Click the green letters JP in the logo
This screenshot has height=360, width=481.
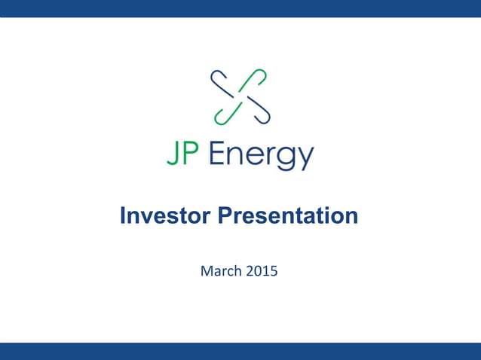184,156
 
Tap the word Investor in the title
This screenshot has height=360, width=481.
166,216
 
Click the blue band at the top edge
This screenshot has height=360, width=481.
240,8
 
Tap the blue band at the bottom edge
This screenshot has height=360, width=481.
240,351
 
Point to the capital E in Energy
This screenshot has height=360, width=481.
215,155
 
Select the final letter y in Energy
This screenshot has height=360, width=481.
305,160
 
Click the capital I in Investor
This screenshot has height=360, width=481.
123,216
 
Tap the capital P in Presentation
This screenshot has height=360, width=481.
225,216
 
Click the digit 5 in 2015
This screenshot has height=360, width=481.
274,269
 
